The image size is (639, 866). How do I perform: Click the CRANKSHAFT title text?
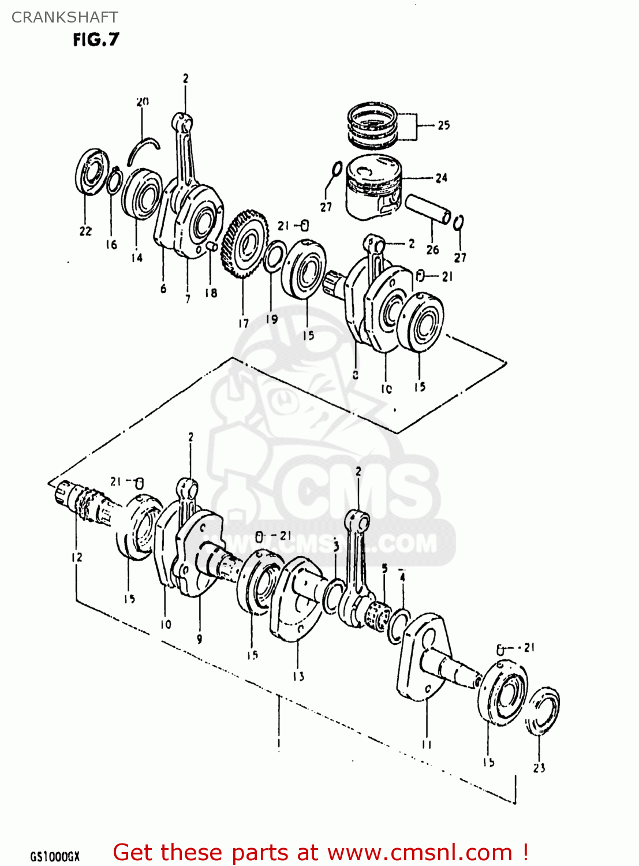tap(65, 17)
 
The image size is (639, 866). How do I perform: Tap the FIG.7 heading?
tap(96, 39)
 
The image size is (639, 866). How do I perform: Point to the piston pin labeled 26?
tap(428, 209)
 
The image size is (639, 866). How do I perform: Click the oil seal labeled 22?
tap(92, 173)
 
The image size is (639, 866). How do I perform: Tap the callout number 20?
tap(143, 102)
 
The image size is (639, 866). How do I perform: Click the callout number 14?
tap(137, 258)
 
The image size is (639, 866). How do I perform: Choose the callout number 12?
tap(77, 557)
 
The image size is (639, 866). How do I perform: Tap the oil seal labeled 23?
tap(543, 711)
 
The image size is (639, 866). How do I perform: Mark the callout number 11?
tap(427, 744)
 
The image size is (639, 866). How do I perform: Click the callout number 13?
tap(298, 676)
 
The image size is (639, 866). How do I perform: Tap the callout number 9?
tap(199, 639)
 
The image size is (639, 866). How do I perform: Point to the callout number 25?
tap(443, 125)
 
